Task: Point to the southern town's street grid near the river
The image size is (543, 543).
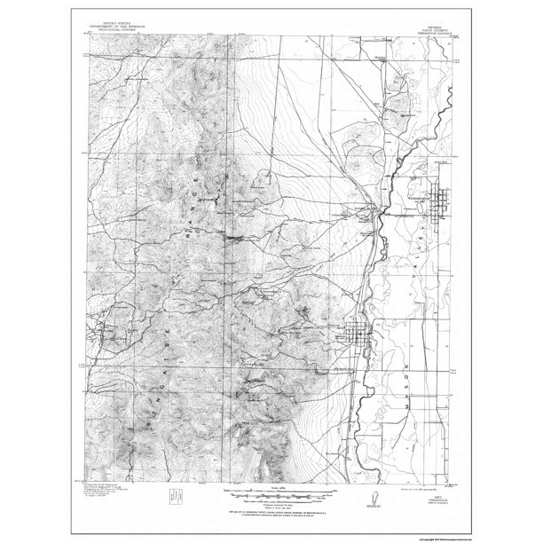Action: (x=358, y=336)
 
